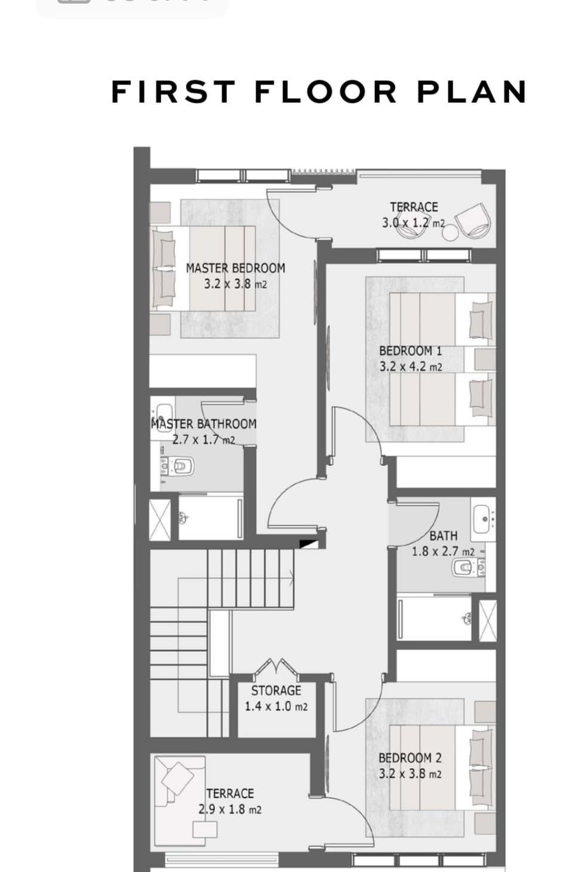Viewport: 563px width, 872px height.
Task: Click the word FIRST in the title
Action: pos(173,92)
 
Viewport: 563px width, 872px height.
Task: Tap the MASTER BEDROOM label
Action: pos(235,268)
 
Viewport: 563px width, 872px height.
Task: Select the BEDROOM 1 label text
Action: pos(411,351)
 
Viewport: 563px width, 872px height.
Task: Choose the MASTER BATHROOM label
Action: pos(204,424)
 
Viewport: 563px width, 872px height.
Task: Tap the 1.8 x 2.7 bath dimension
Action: pos(443,551)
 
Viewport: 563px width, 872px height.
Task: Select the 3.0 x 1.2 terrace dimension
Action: pos(414,223)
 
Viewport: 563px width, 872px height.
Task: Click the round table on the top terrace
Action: pos(451,232)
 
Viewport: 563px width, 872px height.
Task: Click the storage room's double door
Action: pos(275,666)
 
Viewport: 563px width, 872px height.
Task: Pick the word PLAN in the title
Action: pos(472,92)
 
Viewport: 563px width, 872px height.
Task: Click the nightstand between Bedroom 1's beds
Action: pos(484,359)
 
